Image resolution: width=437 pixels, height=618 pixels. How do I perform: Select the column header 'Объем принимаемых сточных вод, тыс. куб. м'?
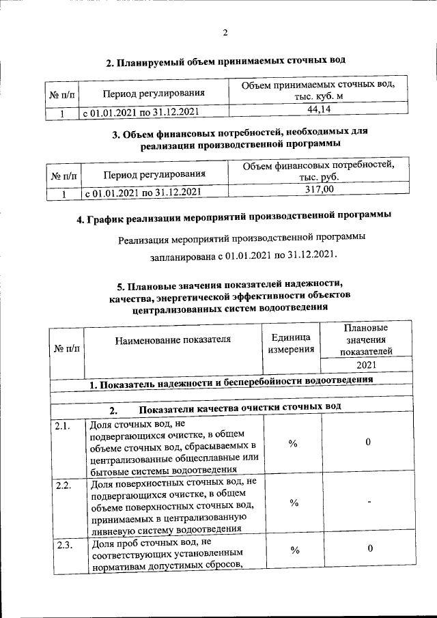(x=319, y=90)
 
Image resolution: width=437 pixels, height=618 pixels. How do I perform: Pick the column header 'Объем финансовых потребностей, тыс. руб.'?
(x=319, y=171)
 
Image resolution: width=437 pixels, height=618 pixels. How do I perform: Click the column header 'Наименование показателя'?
(x=173, y=339)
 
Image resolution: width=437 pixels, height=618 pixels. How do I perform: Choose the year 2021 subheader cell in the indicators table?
(x=367, y=365)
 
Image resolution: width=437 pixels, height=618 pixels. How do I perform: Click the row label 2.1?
(x=64, y=426)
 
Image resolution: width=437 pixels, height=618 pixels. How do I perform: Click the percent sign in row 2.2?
(x=293, y=503)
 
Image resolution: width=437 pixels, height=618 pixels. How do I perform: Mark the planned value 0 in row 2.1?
(x=368, y=443)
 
